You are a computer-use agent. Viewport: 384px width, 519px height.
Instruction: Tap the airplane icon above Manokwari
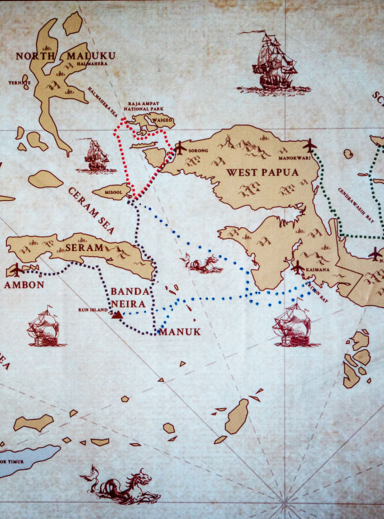pyautogui.click(x=310, y=146)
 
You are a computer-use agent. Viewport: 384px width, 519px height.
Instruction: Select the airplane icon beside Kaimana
pyautogui.click(x=298, y=267)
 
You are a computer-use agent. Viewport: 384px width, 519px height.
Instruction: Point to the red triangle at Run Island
pyautogui.click(x=117, y=315)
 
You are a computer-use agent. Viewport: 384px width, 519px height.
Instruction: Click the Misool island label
pyautogui.click(x=114, y=192)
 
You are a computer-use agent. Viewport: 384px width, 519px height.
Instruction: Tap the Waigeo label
pyautogui.click(x=162, y=120)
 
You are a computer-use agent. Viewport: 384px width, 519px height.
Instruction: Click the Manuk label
pyautogui.click(x=180, y=332)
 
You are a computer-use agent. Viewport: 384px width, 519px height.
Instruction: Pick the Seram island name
pyautogui.click(x=84, y=247)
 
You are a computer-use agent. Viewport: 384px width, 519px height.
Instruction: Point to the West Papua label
pyautogui.click(x=263, y=173)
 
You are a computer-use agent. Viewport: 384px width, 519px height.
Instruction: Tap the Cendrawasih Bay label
pyautogui.click(x=356, y=205)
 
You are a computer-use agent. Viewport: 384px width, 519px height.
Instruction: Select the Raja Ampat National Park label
pyautogui.click(x=144, y=107)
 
